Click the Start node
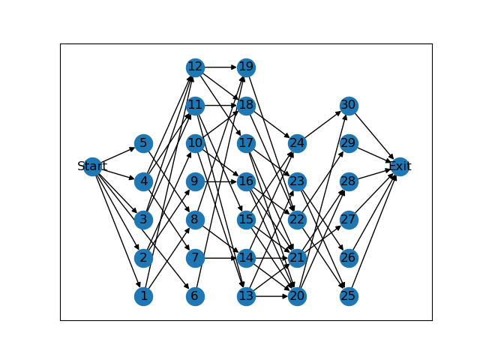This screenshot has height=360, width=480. (92, 166)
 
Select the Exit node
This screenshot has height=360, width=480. (400, 166)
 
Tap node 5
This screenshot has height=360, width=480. (143, 143)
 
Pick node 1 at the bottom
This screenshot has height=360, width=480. (143, 296)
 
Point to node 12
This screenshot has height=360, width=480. (195, 67)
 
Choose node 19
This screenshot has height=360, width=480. (246, 67)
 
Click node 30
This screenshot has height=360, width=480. (349, 105)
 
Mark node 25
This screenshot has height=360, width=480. (349, 296)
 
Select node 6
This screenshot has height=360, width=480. (195, 296)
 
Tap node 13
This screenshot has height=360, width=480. (246, 296)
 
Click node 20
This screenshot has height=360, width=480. (297, 296)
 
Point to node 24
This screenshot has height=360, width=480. (297, 143)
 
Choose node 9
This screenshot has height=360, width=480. (195, 181)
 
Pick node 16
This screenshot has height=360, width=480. (246, 181)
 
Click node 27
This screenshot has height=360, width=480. (349, 220)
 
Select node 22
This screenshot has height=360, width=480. (297, 220)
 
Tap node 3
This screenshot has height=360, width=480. (143, 220)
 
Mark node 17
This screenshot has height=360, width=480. (246, 143)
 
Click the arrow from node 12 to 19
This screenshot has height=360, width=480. (220, 67)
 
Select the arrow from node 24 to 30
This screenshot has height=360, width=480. (322, 124)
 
